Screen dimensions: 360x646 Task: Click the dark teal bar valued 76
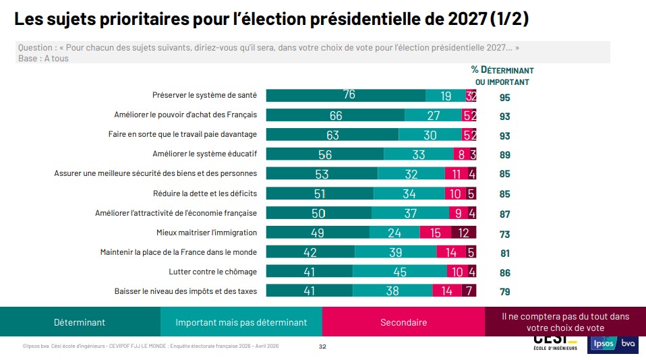coord(346,96)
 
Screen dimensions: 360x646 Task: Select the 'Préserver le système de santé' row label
coord(205,96)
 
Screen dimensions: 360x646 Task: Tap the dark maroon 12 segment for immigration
coord(463,233)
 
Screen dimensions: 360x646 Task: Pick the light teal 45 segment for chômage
coord(399,272)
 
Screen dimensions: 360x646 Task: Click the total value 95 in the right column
coord(504,97)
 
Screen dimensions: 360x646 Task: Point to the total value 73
coord(504,234)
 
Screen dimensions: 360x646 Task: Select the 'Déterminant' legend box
coord(80,322)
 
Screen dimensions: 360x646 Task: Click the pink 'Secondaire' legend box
coord(403,322)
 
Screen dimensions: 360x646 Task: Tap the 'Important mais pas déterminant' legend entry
coord(241,322)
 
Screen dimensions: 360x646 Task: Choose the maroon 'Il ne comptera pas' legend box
coord(565,322)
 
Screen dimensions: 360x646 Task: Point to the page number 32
coord(322,347)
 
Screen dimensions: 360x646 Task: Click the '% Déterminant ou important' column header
coord(502,76)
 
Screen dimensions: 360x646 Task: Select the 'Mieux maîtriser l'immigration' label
coord(206,233)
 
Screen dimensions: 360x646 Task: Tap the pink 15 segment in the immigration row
coord(435,233)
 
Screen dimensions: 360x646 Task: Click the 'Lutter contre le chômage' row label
coord(212,272)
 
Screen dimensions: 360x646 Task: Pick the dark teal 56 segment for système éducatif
coord(325,154)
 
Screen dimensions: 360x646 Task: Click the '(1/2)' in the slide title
coord(509,20)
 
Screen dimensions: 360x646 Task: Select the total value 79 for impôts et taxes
coord(504,292)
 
